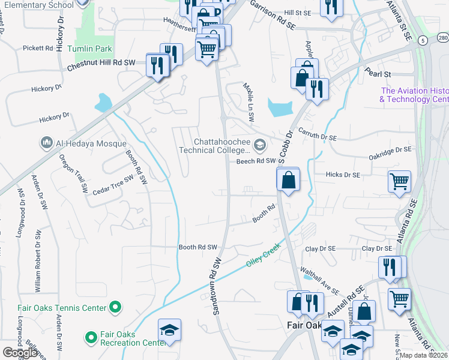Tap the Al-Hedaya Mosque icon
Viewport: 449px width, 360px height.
coord(47,143)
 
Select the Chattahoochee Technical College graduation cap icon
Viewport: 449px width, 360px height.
coord(260,144)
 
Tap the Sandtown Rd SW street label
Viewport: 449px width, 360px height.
coord(217,287)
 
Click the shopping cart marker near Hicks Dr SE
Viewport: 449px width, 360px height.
coord(399,180)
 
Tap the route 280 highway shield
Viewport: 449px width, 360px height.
coord(443,38)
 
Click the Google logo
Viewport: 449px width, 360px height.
coord(20,353)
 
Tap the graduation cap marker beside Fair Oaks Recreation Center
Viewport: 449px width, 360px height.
coord(169,329)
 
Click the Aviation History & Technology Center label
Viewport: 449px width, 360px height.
coord(414,95)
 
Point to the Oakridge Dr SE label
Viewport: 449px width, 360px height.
coord(391,150)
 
